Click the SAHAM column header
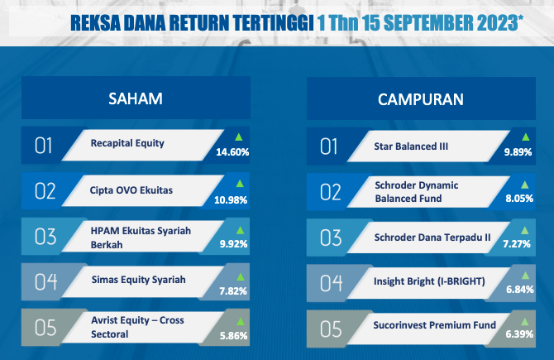136,98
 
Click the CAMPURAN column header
421,99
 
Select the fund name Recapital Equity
127,143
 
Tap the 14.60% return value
232,152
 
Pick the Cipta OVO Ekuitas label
131,190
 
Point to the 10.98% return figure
231,200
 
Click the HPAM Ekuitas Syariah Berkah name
141,238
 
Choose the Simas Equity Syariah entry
139,280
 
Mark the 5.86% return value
233,336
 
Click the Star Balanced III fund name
411,146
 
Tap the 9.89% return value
518,152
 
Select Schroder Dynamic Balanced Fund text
417,192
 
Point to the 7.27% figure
517,244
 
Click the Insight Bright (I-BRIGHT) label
429,281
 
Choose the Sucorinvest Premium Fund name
435,325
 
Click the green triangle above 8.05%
525,185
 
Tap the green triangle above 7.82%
241,276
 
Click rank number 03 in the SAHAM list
45,237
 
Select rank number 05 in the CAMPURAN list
331,329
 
